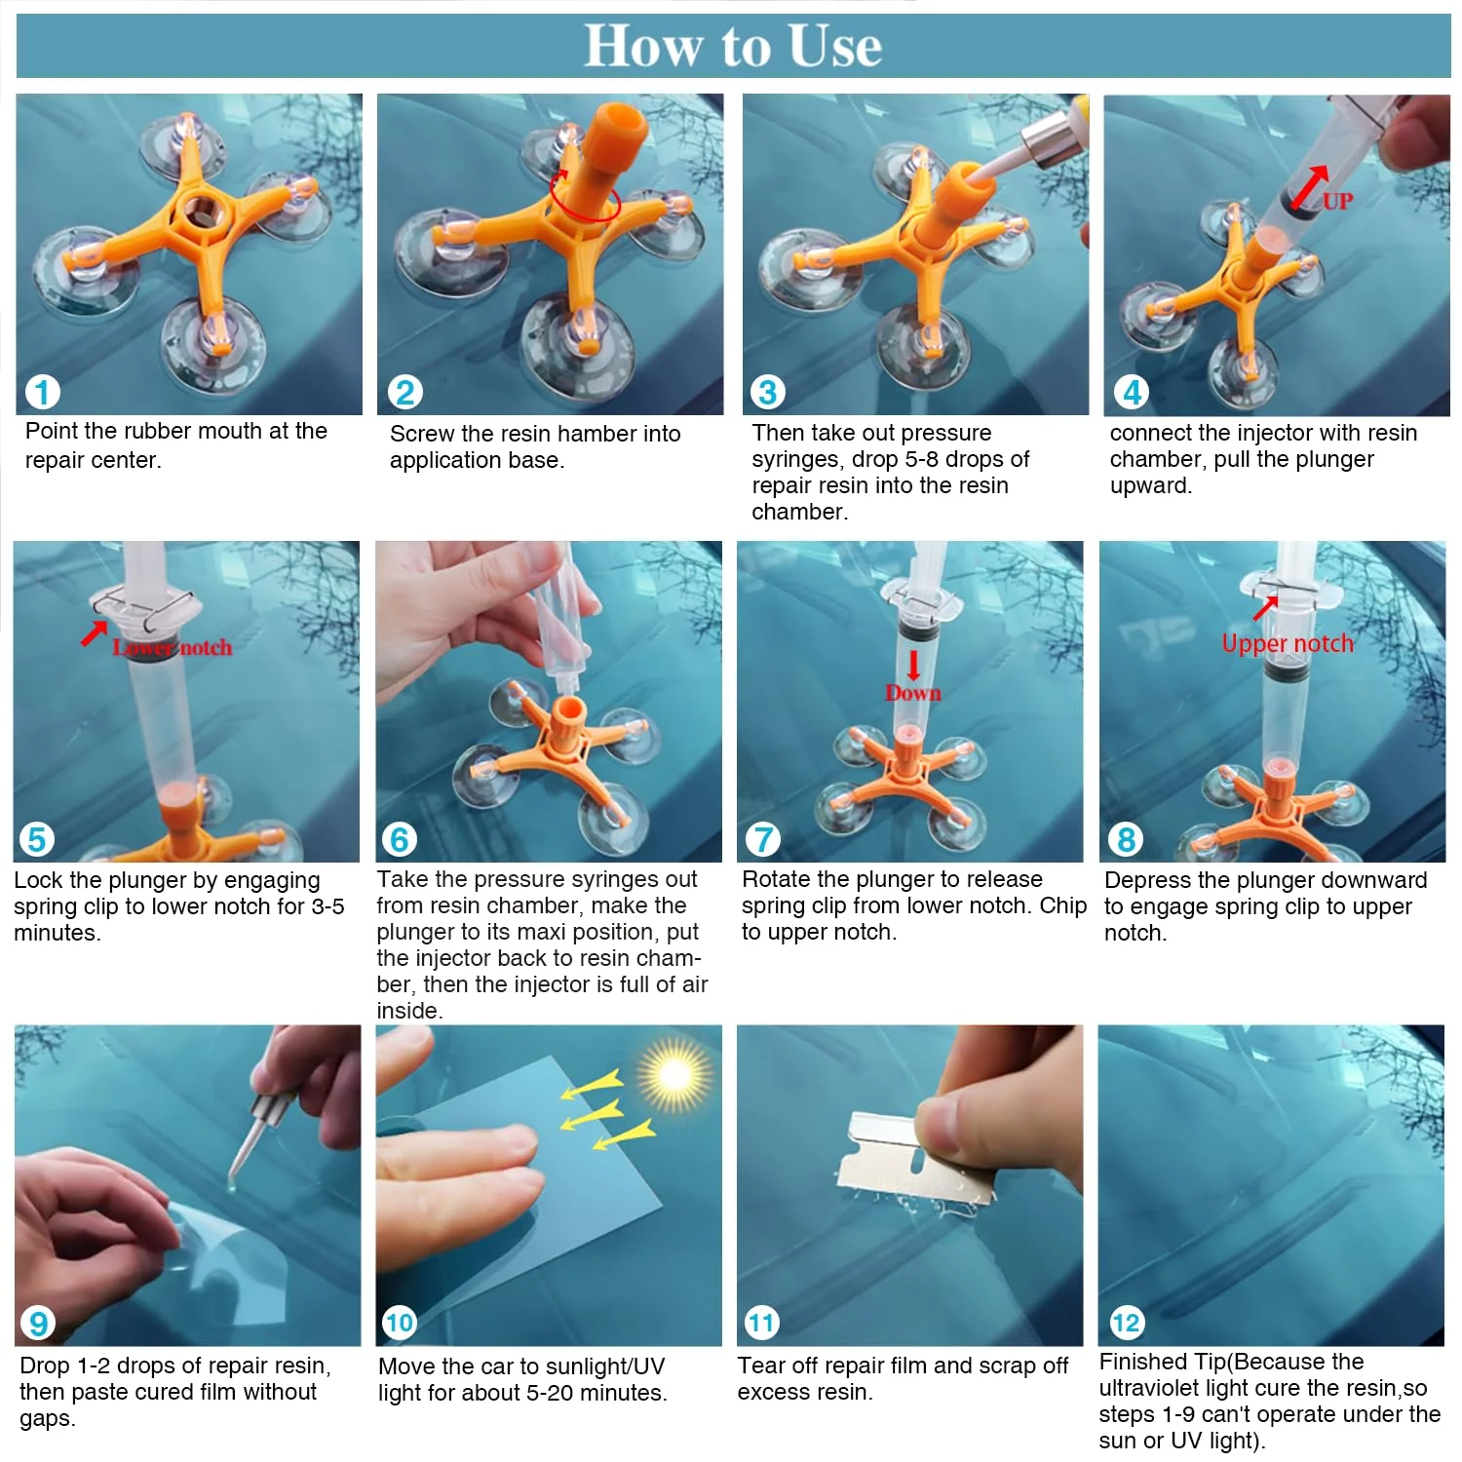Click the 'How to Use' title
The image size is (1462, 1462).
733,45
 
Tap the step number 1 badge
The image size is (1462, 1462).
42,392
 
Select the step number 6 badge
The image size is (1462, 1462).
399,838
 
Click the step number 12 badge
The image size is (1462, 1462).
1126,1323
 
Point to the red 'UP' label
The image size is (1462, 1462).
1337,202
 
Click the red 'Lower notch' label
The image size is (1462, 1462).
173,647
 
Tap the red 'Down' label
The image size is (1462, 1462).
913,693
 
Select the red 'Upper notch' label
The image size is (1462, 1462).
1288,643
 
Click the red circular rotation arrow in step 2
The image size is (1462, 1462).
585,195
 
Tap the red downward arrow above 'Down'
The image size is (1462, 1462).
913,666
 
